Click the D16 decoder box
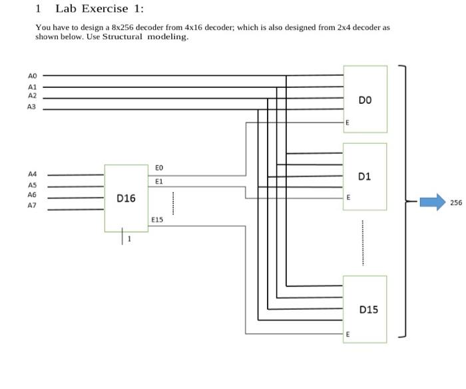pyautogui.click(x=126, y=198)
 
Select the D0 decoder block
pyautogui.click(x=365, y=99)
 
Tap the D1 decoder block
pyautogui.click(x=365, y=177)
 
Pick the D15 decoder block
pyautogui.click(x=365, y=309)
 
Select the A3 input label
pyautogui.click(x=33, y=107)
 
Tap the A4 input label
pyautogui.click(x=33, y=175)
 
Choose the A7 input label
pyautogui.click(x=33, y=206)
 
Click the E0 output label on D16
pyautogui.click(x=158, y=168)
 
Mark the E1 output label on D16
pyautogui.click(x=158, y=181)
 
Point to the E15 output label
pyautogui.click(x=157, y=219)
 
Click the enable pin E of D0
pyautogui.click(x=347, y=123)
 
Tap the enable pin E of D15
pyautogui.click(x=347, y=334)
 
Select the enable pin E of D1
pyautogui.click(x=347, y=198)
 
